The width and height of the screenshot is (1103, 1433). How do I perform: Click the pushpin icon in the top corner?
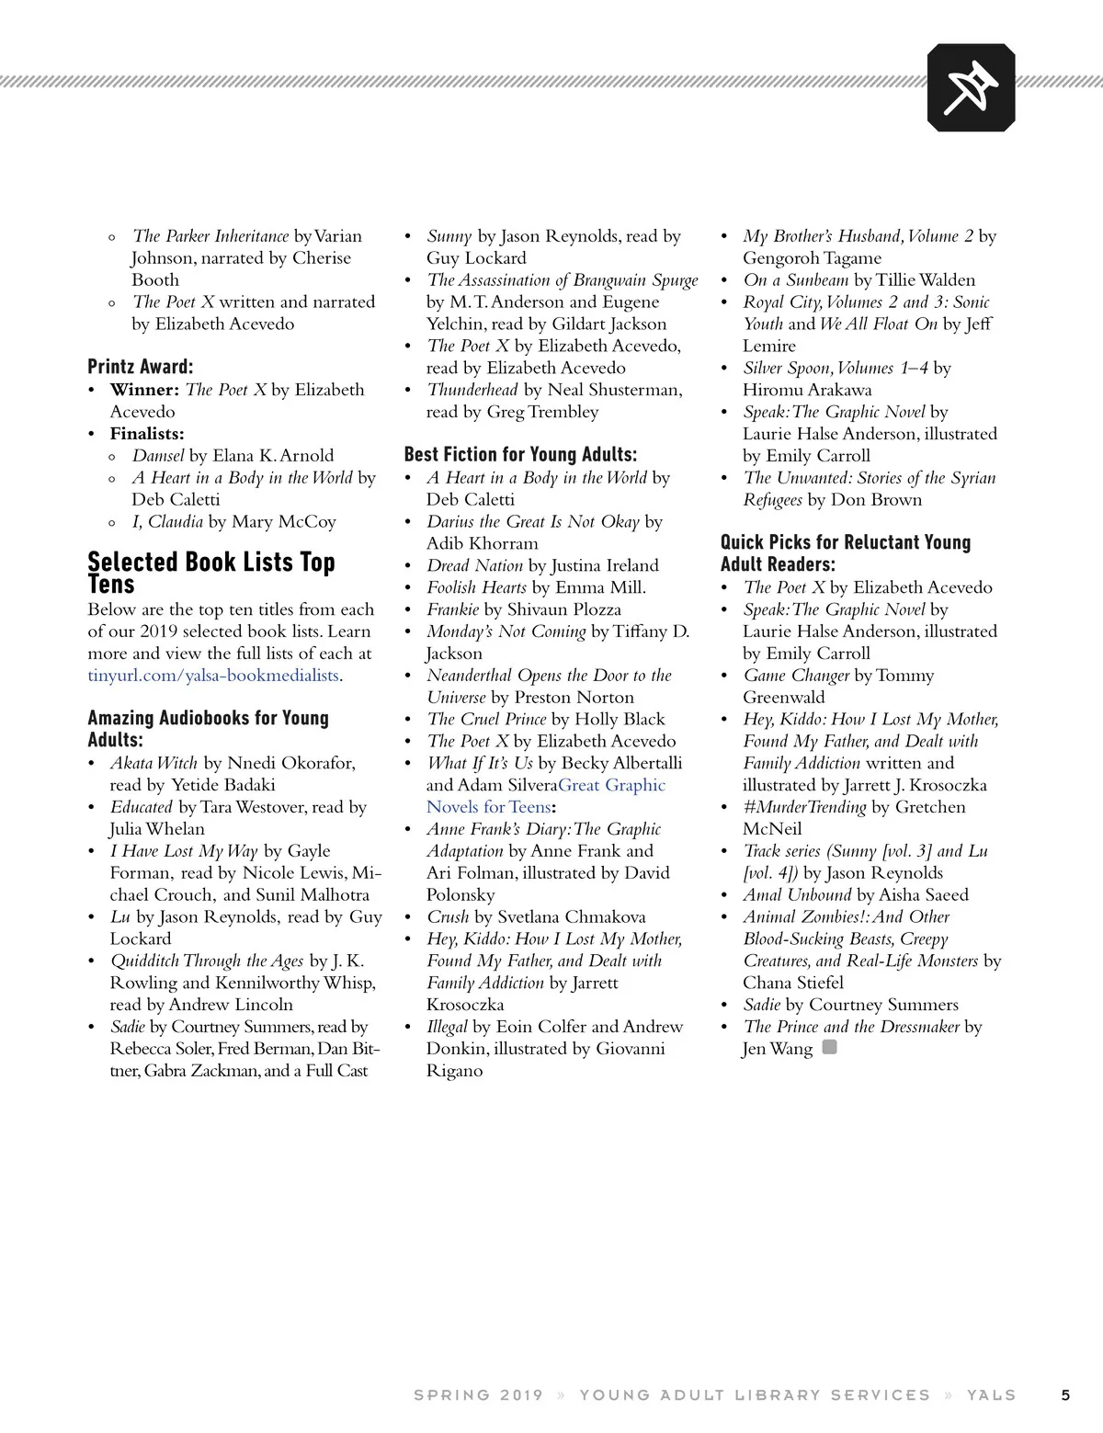point(971,88)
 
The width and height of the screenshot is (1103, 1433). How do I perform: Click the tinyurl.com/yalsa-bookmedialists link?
point(214,676)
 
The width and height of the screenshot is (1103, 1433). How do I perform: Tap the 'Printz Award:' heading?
point(141,367)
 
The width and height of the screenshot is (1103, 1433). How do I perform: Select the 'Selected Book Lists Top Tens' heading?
point(211,573)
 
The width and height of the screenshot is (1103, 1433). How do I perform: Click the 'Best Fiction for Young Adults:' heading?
point(520,454)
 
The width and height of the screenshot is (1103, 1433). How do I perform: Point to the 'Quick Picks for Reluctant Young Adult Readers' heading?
point(845,552)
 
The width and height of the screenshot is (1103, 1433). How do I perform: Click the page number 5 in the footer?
point(1065,1394)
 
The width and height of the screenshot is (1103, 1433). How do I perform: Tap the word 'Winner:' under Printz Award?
point(144,390)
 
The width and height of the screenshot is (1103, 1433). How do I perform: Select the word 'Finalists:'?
point(147,434)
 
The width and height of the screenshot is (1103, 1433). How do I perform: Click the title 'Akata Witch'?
point(154,763)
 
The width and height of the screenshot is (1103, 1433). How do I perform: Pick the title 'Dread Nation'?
point(474,565)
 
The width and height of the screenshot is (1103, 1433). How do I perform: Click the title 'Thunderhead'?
point(472,390)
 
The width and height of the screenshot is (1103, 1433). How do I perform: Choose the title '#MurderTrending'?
point(804,807)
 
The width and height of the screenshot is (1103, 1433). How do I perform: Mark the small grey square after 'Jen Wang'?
point(829,1047)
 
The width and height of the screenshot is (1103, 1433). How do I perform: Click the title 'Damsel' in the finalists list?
point(158,456)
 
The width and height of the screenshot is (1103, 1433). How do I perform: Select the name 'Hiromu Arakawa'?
point(807,390)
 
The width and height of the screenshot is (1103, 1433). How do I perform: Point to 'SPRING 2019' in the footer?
point(478,1394)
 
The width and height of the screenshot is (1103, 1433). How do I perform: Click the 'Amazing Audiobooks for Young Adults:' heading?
point(208,728)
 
